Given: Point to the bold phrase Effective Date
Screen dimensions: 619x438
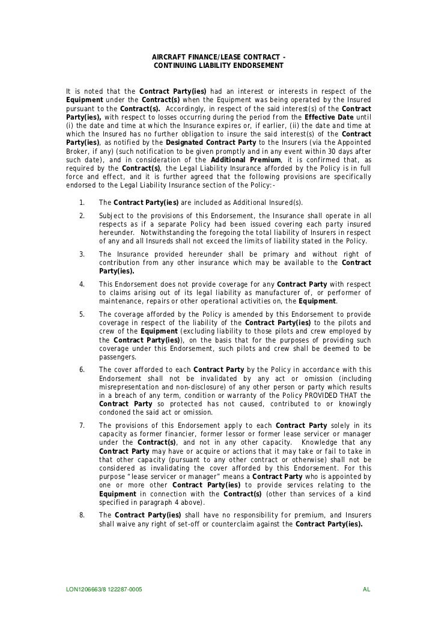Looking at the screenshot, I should tap(330, 117).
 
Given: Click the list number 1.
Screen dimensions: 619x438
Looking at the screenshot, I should tap(81, 202).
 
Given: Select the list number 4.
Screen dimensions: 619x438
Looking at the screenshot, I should tap(81, 284).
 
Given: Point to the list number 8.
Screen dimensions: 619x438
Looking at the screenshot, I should tap(81, 515).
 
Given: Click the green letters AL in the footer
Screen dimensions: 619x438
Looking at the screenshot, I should tap(367, 590).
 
